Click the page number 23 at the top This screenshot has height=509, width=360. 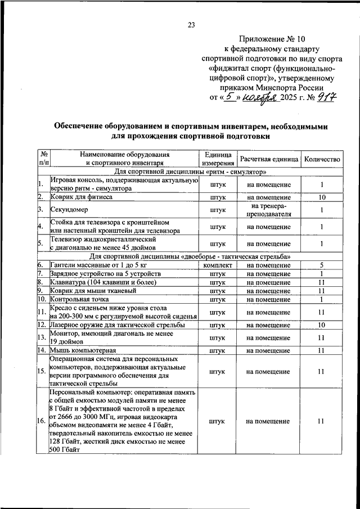click(191, 24)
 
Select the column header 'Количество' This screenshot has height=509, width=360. click(322, 159)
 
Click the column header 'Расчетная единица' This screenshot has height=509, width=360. click(268, 159)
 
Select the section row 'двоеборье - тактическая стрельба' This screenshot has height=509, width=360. click(190, 256)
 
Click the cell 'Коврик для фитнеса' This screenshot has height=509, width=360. click(82, 197)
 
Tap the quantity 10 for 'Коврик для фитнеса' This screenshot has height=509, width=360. click(322, 197)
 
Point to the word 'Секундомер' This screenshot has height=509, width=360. click(68, 210)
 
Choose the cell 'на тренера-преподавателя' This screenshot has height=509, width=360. click(268, 210)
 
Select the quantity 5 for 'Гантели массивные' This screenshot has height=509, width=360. click(322, 264)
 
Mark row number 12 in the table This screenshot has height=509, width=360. click(42, 325)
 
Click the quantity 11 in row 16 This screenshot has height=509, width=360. click(322, 421)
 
